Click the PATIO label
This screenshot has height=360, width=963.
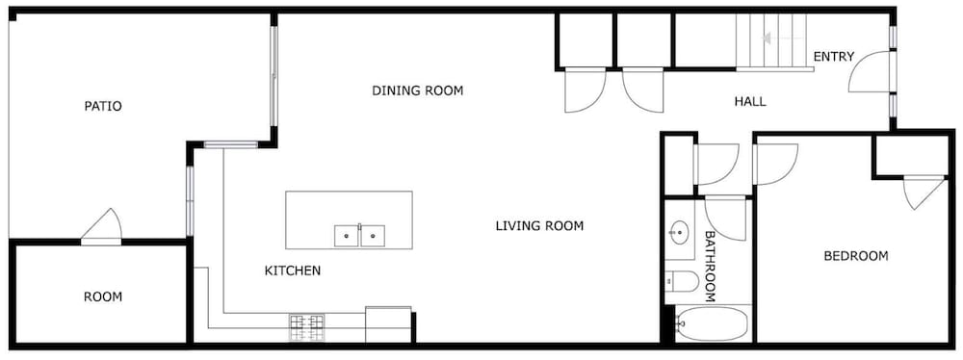coord(103,106)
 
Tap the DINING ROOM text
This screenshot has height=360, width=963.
coord(418,90)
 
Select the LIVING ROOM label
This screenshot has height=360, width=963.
coord(539,226)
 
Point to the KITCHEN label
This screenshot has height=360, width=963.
coord(293,270)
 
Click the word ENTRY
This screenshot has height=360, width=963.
coord(833,57)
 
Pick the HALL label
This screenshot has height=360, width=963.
coord(750,101)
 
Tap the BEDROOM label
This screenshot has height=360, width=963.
coord(855,256)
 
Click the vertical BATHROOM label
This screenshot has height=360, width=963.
coord(710,266)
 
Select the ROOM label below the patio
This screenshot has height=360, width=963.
coord(103,297)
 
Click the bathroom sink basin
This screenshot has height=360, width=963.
coord(679,232)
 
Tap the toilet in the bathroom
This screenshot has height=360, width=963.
coord(682,282)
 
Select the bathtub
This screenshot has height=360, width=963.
coord(712,323)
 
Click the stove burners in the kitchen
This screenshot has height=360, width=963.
coord(306,327)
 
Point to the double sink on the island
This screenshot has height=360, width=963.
coord(360,236)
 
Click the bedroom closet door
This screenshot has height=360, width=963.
coord(924,193)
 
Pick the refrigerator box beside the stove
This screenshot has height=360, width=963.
coord(388,324)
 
